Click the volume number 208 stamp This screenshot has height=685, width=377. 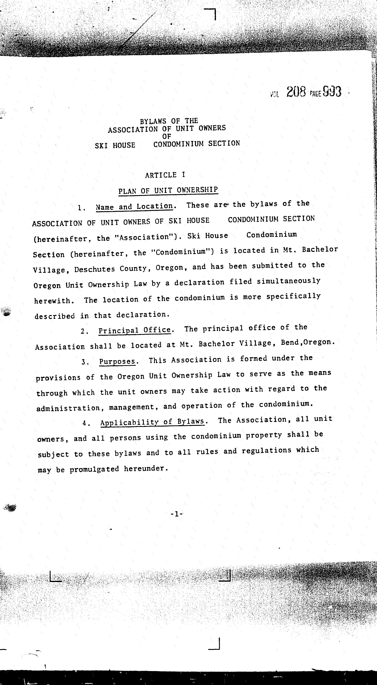[x=296, y=92]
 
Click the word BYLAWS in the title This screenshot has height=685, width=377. [x=153, y=121]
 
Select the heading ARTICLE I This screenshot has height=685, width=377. [x=165, y=175]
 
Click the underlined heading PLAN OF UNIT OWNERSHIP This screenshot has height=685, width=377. [x=168, y=190]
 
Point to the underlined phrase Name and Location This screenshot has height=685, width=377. [x=134, y=207]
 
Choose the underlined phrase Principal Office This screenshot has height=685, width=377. [x=135, y=330]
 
